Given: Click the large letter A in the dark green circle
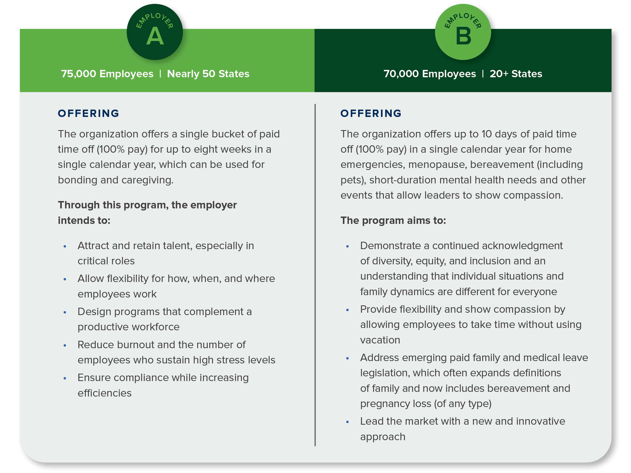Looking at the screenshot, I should (x=155, y=36).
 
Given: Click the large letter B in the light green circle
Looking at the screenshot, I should (x=463, y=36).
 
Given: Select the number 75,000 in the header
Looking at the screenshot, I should (x=78, y=74).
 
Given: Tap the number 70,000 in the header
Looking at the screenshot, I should (x=401, y=74).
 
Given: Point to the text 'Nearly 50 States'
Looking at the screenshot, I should (x=208, y=74).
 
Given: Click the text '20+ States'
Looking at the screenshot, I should (x=516, y=74).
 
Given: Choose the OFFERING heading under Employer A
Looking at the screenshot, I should (x=88, y=114).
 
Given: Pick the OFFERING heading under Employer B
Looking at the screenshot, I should (x=371, y=114).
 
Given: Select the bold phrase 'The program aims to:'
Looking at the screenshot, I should (x=393, y=220).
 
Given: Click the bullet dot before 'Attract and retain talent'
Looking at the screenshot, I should (x=65, y=246).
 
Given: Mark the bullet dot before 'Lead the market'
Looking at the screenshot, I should (x=348, y=422).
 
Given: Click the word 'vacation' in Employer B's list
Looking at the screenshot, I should (x=380, y=340).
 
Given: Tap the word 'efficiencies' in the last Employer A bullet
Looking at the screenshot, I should (x=104, y=393).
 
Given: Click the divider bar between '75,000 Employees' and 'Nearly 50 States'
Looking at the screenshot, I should (x=160, y=74).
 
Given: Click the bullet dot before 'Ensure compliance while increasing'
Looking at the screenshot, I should (x=65, y=378).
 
